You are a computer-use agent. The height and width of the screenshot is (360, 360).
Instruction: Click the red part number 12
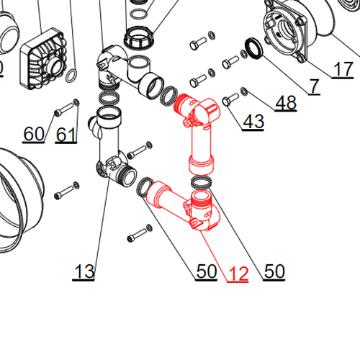tap(238, 274)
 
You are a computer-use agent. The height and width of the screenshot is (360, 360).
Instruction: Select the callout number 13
tap(84, 271)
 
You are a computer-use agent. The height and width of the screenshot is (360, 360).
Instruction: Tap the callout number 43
tap(253, 122)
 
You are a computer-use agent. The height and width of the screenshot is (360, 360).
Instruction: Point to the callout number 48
tap(286, 103)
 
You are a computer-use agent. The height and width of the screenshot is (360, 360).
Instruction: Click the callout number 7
tap(315, 86)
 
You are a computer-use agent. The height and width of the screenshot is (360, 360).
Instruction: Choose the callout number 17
tap(343, 69)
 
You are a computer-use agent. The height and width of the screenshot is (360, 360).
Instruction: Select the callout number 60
tap(34, 134)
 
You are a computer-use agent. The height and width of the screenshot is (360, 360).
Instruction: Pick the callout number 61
tap(66, 135)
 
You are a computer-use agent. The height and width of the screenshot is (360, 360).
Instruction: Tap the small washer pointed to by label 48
tap(243, 91)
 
